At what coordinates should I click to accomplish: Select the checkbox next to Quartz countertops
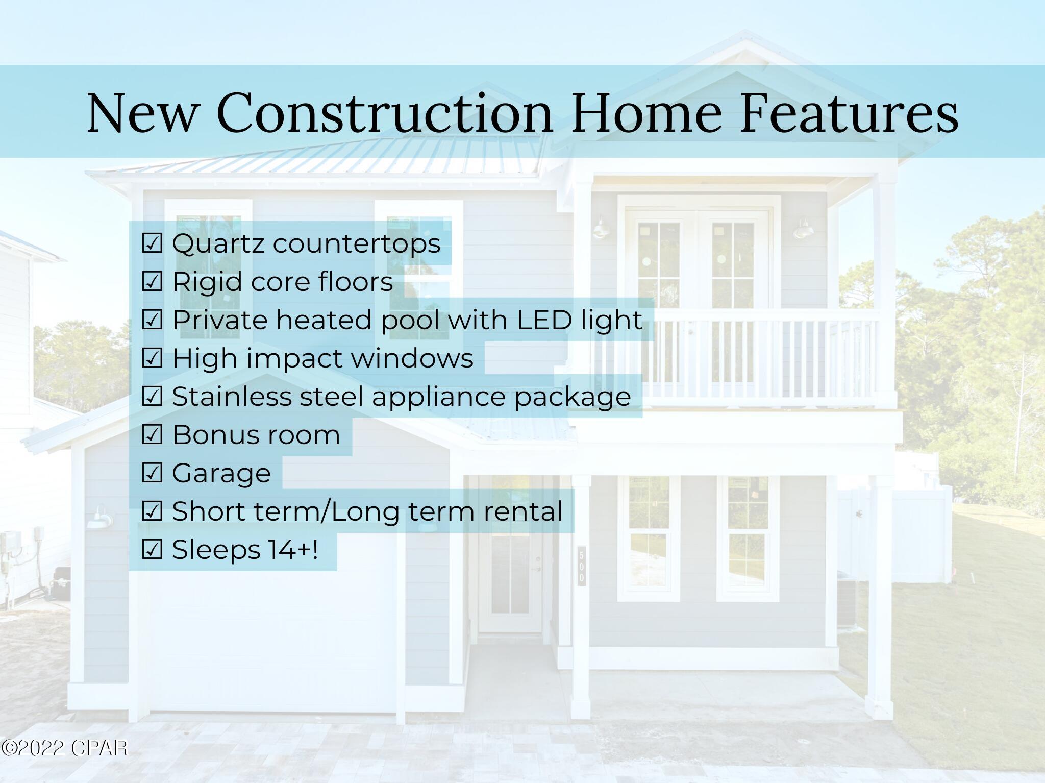152,243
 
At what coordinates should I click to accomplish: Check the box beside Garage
152,473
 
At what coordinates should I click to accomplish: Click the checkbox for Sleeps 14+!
152,550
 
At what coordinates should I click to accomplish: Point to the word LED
544,320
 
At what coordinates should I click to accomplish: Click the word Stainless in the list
232,397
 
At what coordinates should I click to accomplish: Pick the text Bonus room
256,435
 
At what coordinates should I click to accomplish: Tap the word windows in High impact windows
412,358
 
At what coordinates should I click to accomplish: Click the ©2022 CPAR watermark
64,748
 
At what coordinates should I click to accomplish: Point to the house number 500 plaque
582,566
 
